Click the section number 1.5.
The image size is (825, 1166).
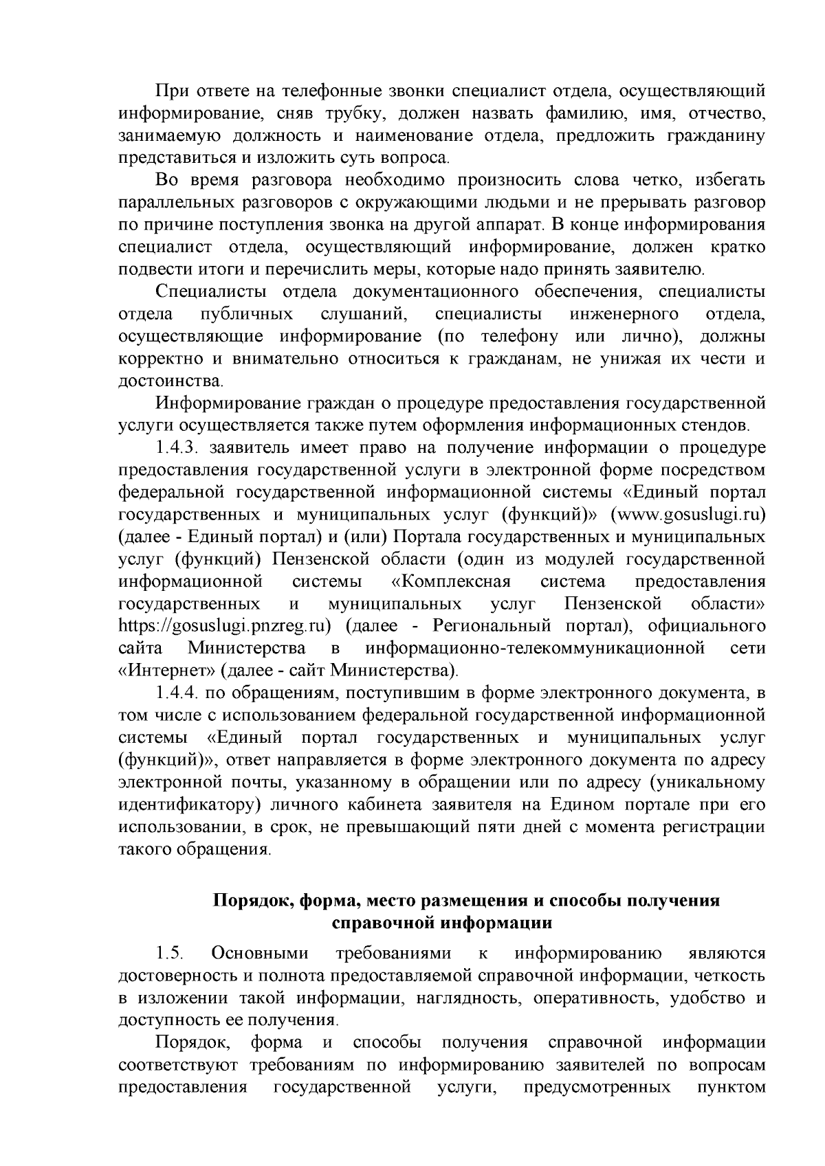(x=169, y=953)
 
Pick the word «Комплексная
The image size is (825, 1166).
(x=451, y=582)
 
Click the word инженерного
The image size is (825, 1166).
(x=624, y=314)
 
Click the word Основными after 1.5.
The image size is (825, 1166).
(x=261, y=953)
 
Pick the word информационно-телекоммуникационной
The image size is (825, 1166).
(x=536, y=648)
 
